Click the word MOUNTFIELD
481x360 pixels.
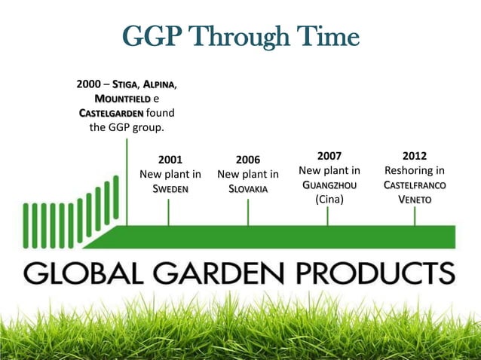[x=122, y=99]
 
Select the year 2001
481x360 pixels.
[x=170, y=160]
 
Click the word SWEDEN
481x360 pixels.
[x=170, y=188]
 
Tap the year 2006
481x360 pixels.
[x=248, y=160]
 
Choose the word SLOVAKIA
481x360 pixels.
[x=248, y=188]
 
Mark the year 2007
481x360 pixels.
[x=329, y=156]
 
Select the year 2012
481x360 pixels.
[x=414, y=156]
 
